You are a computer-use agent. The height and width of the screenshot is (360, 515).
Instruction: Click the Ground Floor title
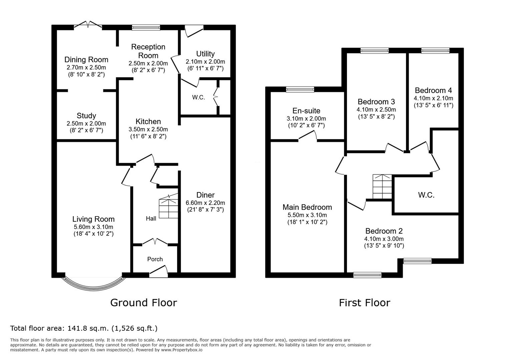click(144, 303)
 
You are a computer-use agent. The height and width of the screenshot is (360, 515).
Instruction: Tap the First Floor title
click(365, 303)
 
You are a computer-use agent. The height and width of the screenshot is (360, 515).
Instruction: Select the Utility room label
click(205, 54)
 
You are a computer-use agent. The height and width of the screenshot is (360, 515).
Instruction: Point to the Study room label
click(86, 116)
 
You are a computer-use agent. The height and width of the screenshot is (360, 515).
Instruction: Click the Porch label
click(155, 259)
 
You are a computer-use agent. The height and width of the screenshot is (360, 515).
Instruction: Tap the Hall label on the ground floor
click(151, 218)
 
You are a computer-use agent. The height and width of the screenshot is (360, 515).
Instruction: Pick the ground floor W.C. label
click(198, 97)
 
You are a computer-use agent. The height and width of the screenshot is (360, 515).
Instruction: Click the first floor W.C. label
click(426, 195)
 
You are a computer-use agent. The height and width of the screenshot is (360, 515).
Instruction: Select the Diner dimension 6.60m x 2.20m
click(205, 203)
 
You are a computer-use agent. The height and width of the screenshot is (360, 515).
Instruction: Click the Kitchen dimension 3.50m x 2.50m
click(148, 129)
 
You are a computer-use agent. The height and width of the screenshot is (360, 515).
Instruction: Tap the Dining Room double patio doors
click(88, 25)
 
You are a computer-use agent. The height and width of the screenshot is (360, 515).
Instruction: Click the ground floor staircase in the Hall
click(168, 206)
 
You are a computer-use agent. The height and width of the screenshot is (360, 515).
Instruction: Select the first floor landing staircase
click(382, 187)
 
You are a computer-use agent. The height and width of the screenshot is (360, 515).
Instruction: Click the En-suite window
click(300, 89)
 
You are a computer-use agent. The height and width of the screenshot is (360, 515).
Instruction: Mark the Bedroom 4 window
click(435, 51)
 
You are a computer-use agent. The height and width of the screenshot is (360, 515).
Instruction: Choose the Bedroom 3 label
click(376, 102)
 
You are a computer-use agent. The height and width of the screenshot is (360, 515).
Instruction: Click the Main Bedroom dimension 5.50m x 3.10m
click(307, 215)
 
